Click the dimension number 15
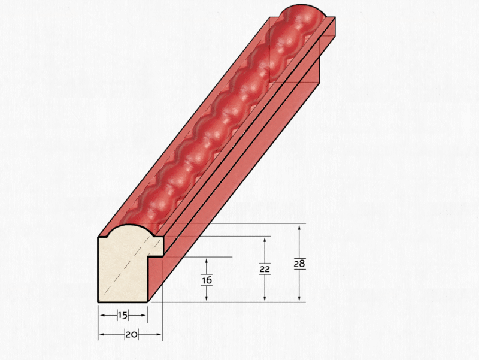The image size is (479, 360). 123,316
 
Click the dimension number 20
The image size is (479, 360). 131,335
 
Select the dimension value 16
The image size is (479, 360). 207,280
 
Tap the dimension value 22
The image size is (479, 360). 265,269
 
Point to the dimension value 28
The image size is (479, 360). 299,264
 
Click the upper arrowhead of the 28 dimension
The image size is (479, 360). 299,228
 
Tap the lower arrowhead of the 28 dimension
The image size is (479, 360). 299,298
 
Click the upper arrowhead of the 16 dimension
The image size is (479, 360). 207,262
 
